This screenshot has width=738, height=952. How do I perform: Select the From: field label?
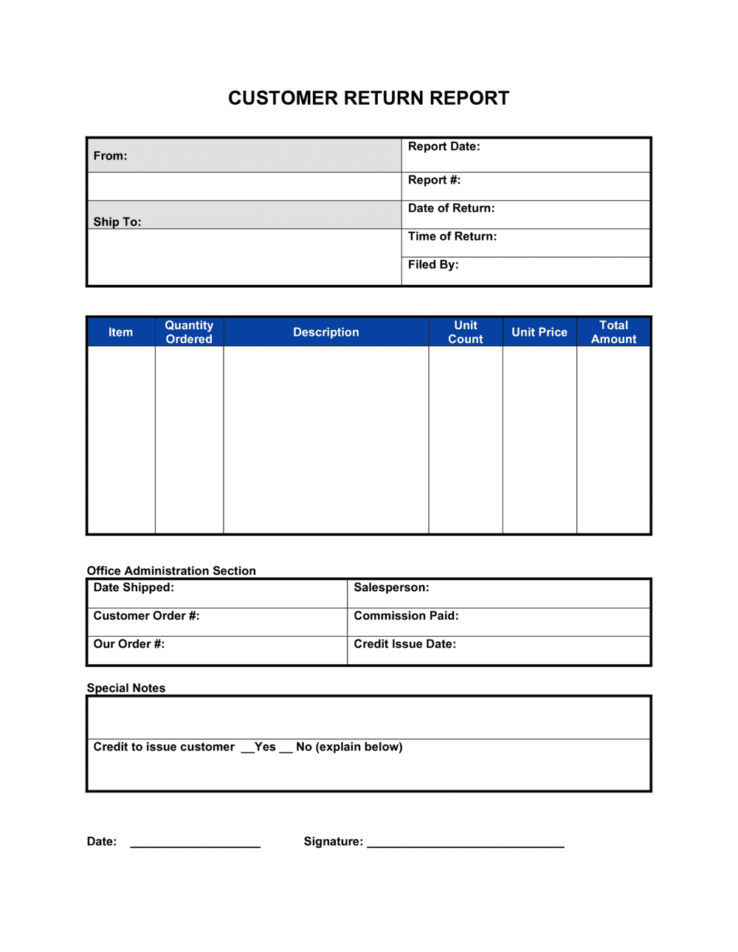(x=110, y=156)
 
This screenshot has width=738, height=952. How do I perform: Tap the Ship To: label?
(x=117, y=221)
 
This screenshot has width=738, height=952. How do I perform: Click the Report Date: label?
(x=444, y=146)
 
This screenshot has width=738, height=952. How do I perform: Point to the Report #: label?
(x=434, y=180)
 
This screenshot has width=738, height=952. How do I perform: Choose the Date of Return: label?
(x=451, y=208)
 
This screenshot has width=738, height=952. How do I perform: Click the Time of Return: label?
(x=452, y=236)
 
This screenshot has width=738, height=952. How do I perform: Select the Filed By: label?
(x=432, y=264)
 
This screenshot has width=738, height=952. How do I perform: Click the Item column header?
(x=120, y=332)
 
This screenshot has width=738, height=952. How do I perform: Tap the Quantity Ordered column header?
(x=189, y=332)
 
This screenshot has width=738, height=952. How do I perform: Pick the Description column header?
(x=325, y=332)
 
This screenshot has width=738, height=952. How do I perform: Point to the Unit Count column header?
(x=465, y=332)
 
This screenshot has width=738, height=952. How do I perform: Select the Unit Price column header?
(x=539, y=332)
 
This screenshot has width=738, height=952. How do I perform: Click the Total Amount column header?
(x=613, y=332)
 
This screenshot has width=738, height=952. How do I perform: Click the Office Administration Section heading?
(x=171, y=570)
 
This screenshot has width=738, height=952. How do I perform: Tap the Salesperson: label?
(x=391, y=587)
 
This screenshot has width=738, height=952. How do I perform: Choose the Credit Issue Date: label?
(x=404, y=644)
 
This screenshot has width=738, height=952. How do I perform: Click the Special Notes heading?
(x=126, y=688)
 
